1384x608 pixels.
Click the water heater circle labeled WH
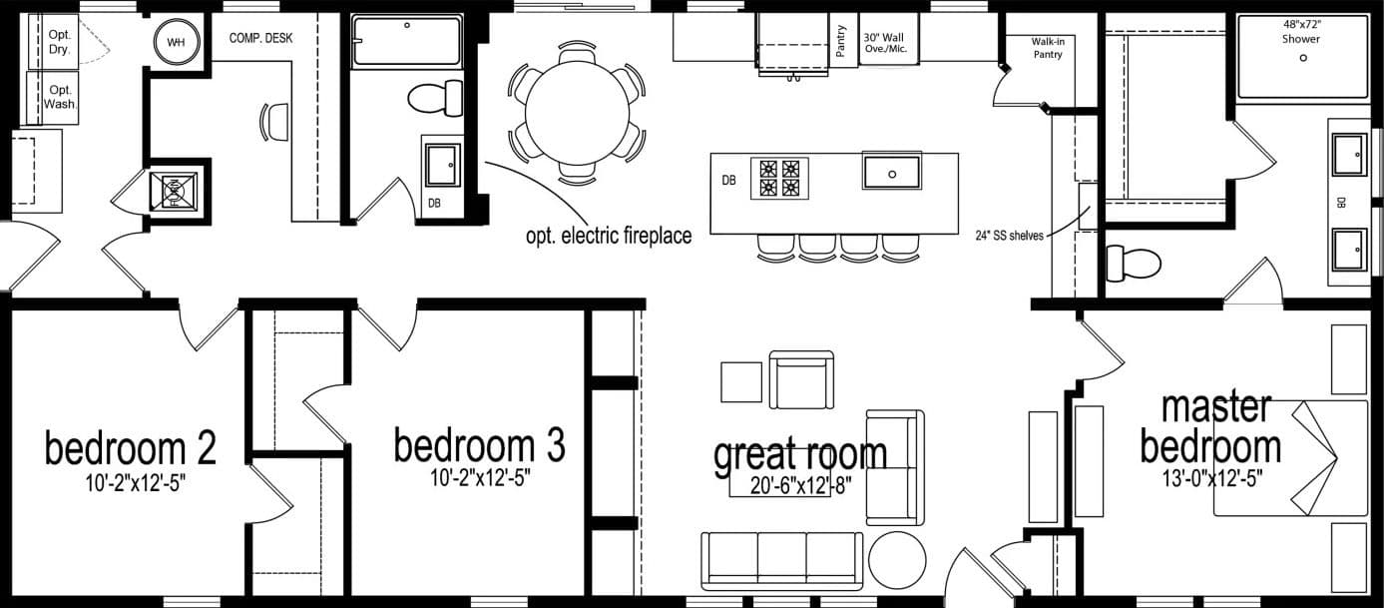click(x=177, y=42)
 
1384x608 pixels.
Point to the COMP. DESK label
click(x=260, y=39)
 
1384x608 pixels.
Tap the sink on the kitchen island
click(x=891, y=173)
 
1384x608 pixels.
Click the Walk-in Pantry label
click(x=1048, y=48)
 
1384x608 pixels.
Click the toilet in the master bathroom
click(x=1134, y=264)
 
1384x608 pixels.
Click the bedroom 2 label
click(x=131, y=448)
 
